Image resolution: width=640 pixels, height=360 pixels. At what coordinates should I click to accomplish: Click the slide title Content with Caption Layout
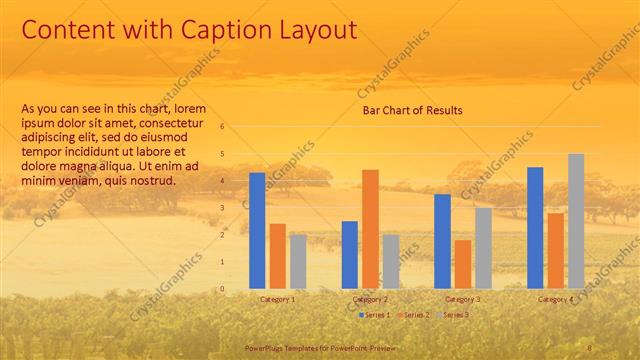point(189,30)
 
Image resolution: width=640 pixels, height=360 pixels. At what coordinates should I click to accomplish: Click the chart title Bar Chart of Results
point(412,110)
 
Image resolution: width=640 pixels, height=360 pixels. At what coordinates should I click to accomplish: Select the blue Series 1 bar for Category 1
point(257,231)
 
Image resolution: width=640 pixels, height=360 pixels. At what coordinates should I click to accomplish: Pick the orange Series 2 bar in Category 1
point(277,256)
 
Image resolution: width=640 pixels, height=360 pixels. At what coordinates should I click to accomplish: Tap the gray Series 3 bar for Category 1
point(298,262)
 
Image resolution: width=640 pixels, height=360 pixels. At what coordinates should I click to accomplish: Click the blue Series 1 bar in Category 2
point(350,255)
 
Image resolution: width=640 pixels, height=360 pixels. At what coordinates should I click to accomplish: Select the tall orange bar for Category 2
point(370,229)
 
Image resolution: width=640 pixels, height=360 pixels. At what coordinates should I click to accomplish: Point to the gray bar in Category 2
point(391,262)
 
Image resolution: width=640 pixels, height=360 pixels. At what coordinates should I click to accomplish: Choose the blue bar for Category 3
point(442,241)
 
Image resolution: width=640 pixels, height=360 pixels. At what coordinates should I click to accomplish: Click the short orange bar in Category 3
point(463,264)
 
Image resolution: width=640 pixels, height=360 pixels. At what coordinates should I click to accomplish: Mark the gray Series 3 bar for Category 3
point(483,248)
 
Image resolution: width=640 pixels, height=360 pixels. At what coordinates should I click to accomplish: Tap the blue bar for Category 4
point(535,228)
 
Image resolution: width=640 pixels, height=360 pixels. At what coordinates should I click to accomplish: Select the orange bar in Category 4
point(555,251)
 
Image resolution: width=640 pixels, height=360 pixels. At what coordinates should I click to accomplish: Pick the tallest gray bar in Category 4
point(576,221)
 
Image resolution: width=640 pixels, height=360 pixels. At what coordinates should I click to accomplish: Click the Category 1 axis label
point(277,299)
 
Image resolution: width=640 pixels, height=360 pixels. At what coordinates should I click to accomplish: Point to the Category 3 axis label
point(463,299)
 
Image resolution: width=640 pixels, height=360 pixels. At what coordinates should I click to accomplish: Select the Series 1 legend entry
point(374,315)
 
